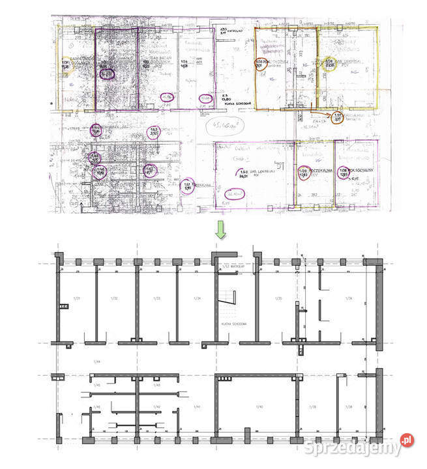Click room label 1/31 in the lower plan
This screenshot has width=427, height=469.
coord(76,298)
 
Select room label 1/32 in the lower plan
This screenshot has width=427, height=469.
coord(115,298)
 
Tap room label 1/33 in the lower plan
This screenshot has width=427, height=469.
coord(156,298)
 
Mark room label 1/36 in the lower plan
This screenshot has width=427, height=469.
coord(349,298)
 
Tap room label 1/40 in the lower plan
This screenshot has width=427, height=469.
coord(259,406)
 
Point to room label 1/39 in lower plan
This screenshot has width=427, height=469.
coord(313,406)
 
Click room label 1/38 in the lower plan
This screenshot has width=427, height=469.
coord(349,406)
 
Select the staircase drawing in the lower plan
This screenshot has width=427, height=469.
coord(226,296)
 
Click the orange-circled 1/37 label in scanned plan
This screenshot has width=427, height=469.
coord(337,119)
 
